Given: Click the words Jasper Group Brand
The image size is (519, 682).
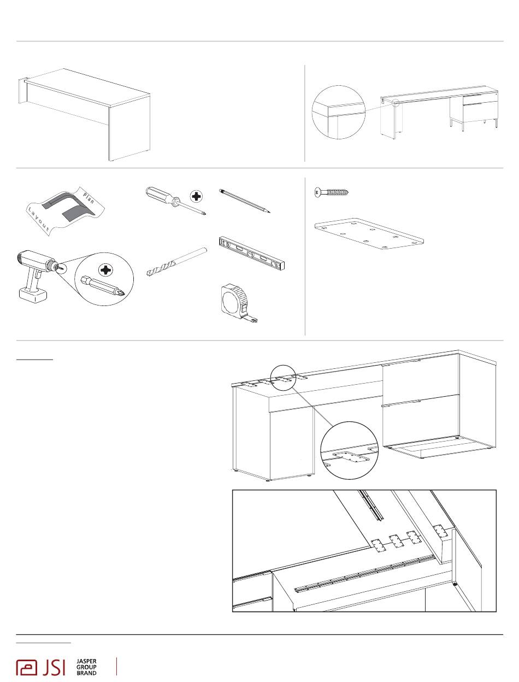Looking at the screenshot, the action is [x=87, y=667].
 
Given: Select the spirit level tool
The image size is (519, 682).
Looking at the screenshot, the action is [x=252, y=254].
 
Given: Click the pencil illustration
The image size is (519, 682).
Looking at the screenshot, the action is [x=245, y=201].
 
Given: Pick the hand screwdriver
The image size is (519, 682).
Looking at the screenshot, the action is [x=174, y=200].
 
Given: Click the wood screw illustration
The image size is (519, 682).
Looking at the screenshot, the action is [x=331, y=192].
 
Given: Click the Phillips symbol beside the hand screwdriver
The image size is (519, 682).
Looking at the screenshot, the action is [x=196, y=197].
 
